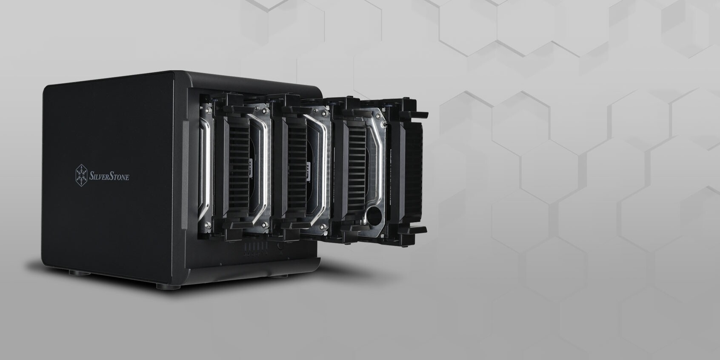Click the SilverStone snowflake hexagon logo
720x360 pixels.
[81, 175]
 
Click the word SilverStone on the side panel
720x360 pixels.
[109, 176]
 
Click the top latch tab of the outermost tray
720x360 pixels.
[418, 114]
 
